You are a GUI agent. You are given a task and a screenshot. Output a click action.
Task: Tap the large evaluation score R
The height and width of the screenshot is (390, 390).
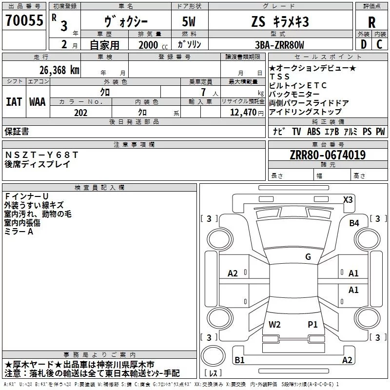click(x=371, y=22)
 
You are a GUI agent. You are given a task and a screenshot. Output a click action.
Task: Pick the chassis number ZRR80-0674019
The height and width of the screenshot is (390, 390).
click(x=328, y=155)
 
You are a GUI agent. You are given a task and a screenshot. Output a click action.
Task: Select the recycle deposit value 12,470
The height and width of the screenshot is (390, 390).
click(x=242, y=113)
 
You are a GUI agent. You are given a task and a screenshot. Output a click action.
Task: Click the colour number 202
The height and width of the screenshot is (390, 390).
click(x=80, y=113)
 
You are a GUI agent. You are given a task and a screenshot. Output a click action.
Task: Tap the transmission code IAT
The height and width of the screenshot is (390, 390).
click(x=14, y=102)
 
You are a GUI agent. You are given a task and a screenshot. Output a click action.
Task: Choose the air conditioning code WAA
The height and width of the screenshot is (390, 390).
click(x=38, y=102)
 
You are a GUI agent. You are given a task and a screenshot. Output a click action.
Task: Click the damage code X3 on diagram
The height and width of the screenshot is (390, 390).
click(x=348, y=199)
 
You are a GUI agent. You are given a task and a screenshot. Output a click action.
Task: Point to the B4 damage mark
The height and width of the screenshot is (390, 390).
click(x=354, y=223)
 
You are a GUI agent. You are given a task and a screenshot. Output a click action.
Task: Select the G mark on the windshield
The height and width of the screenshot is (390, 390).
click(x=308, y=257)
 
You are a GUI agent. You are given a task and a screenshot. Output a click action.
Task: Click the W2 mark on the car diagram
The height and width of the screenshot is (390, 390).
click(x=274, y=324)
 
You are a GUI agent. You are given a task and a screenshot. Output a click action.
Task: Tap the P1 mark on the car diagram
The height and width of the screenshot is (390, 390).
click(x=312, y=324)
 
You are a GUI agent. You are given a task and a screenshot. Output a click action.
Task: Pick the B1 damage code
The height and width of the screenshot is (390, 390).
click(x=239, y=360)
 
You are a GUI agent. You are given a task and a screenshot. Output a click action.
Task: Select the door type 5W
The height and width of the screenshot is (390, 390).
click(x=190, y=21)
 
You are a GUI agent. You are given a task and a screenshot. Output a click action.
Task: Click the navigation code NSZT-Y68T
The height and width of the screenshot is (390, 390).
click(x=41, y=155)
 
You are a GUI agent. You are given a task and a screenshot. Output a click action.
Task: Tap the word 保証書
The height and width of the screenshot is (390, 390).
click(x=17, y=131)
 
